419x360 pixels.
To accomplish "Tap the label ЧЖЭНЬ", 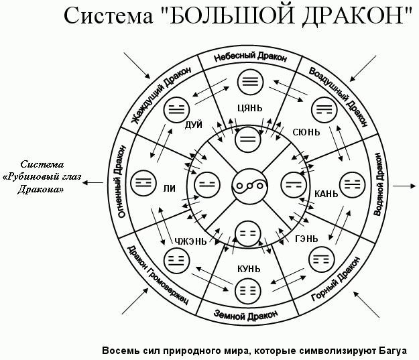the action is [190, 241].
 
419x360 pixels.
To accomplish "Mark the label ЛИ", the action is [169, 190].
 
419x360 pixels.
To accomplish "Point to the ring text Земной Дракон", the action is [243, 313].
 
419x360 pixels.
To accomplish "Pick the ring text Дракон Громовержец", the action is [157, 276].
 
